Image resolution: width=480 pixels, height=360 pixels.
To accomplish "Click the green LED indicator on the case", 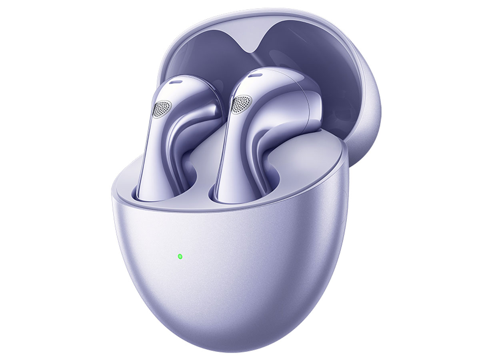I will click(x=180, y=256).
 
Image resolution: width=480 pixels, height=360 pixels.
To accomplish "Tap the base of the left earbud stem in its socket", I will click(x=148, y=192).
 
